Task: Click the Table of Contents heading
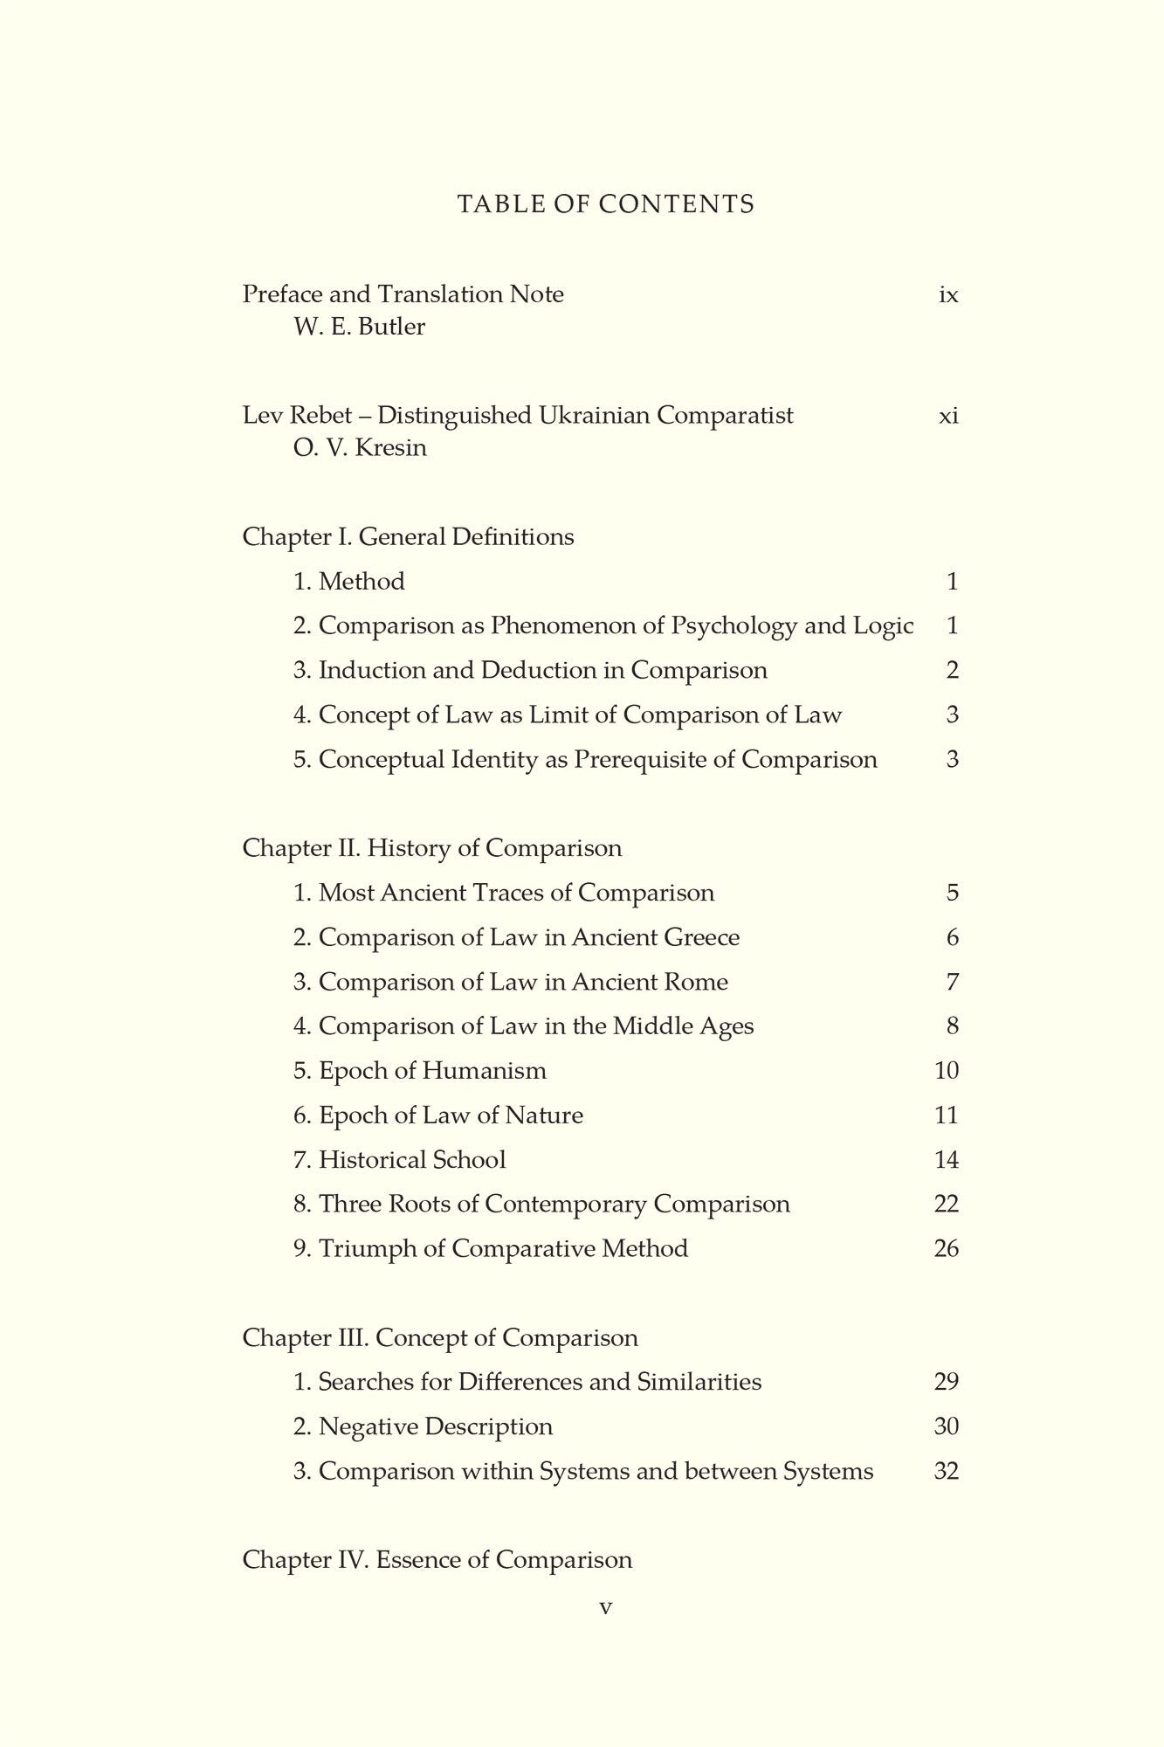tap(605, 204)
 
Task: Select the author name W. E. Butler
tap(360, 328)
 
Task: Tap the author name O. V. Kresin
tap(361, 448)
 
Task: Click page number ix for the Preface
tap(948, 295)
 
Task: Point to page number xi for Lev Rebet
tap(948, 416)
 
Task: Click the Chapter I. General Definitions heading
tap(408, 536)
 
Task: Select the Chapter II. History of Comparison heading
tap(432, 848)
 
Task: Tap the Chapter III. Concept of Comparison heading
tap(440, 1337)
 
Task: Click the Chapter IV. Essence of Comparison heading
tap(437, 1560)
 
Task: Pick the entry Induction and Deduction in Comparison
tap(530, 670)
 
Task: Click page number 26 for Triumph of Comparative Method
tap(947, 1248)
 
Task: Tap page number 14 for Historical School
tap(947, 1159)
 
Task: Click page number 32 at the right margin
tap(947, 1471)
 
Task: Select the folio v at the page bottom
tap(606, 1607)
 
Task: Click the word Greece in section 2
tap(701, 937)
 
